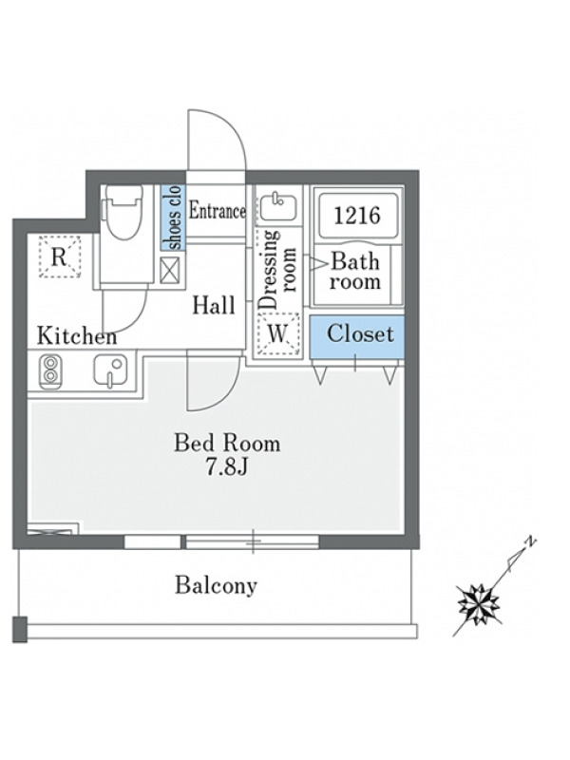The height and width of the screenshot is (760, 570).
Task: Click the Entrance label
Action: click(x=217, y=211)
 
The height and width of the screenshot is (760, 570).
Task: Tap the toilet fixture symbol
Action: click(x=123, y=212)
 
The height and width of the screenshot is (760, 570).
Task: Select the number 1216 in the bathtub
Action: click(x=357, y=216)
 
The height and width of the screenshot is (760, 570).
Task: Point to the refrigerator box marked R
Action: click(x=60, y=256)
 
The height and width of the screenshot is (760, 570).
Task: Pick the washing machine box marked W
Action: click(x=277, y=333)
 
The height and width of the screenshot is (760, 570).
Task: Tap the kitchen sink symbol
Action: click(x=110, y=371)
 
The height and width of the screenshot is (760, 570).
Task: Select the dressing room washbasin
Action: click(x=276, y=207)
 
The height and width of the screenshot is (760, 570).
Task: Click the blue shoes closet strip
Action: click(x=173, y=218)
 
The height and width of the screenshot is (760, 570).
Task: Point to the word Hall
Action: click(x=213, y=305)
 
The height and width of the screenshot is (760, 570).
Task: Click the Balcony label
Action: click(x=217, y=585)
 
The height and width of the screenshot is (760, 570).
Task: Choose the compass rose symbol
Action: click(x=479, y=604)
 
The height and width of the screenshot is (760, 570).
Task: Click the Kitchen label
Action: click(x=77, y=336)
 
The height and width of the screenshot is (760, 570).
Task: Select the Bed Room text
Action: click(x=227, y=444)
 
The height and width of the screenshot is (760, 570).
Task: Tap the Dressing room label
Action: click(x=276, y=270)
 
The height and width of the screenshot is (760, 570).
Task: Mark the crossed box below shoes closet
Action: click(x=170, y=271)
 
